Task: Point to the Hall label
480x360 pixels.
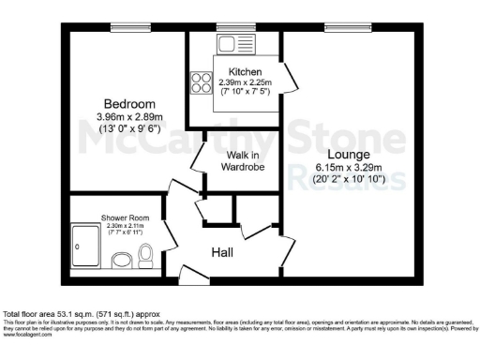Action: coord(221,252)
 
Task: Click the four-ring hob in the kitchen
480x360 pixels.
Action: coord(202,82)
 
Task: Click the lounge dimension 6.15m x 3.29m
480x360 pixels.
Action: coord(349,168)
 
